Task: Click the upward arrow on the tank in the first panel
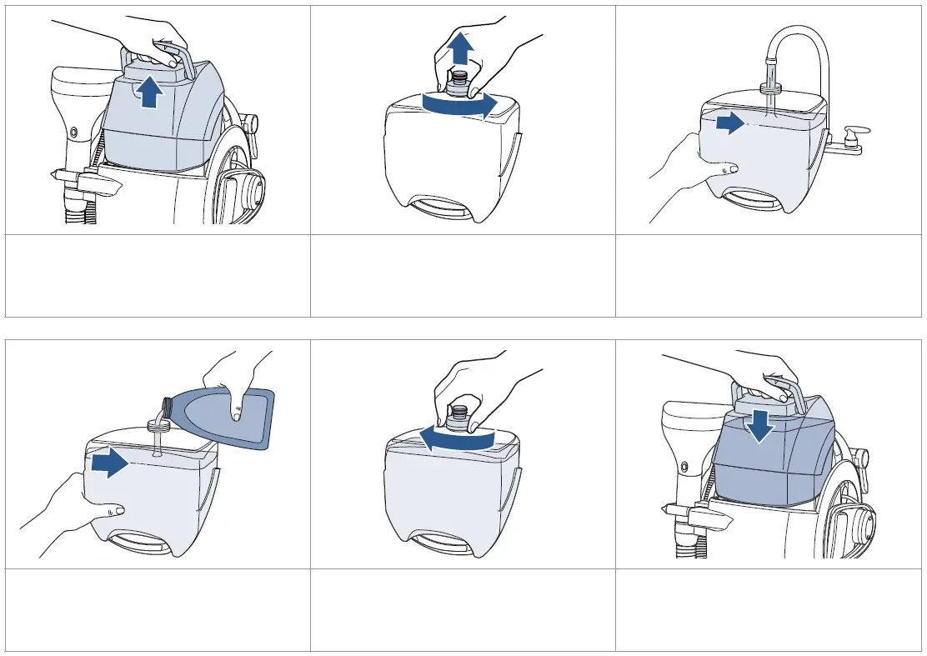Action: (149, 93)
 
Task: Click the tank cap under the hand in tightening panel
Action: (457, 417)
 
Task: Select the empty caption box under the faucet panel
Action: (769, 276)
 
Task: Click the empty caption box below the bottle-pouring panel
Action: (158, 609)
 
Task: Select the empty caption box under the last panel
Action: (769, 609)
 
